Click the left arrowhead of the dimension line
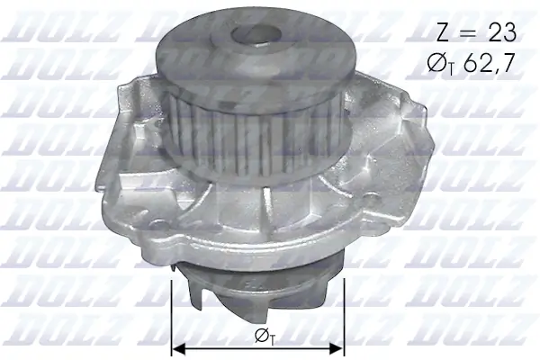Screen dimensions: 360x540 pos(176,346)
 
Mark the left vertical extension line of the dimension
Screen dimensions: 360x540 pos(171,315)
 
